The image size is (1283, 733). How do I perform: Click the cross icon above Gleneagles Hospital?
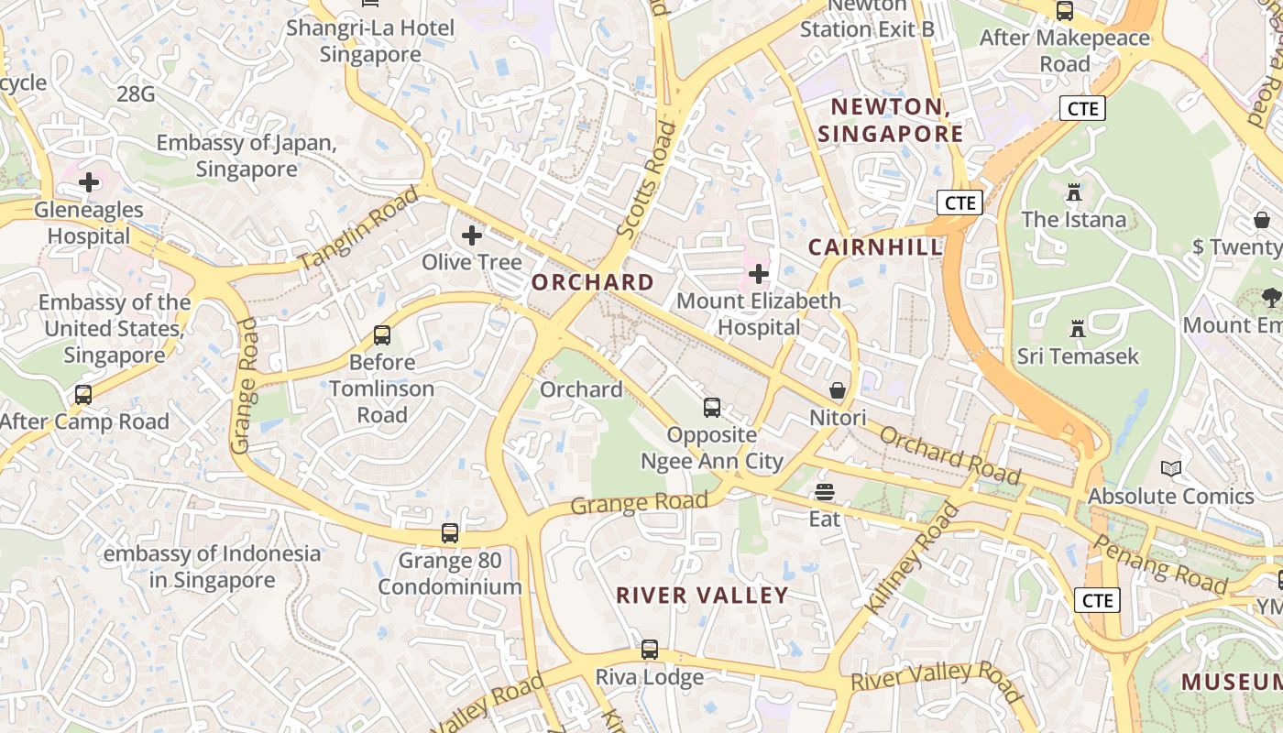[89, 182]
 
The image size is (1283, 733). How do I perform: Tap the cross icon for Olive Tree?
[472, 236]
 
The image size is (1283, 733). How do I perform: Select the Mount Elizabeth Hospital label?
[758, 313]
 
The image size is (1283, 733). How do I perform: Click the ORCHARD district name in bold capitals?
[593, 282]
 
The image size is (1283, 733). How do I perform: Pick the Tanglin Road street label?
[358, 227]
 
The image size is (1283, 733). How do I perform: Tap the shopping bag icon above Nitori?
[838, 391]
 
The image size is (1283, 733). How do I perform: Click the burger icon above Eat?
[825, 493]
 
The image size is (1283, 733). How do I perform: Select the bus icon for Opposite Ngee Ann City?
[712, 408]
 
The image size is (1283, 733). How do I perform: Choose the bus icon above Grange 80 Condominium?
[450, 532]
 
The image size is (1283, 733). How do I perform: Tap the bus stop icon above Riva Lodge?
[650, 650]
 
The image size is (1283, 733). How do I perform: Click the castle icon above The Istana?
[1074, 192]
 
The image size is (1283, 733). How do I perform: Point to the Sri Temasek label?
[1078, 356]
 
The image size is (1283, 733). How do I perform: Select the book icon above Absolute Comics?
[1171, 469]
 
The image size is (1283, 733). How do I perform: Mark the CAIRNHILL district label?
[875, 246]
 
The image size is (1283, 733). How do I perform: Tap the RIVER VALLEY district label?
[702, 596]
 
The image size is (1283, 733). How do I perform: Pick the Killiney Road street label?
[912, 558]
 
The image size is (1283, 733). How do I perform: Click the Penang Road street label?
[1160, 564]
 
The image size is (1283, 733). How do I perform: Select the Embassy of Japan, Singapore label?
[247, 156]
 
